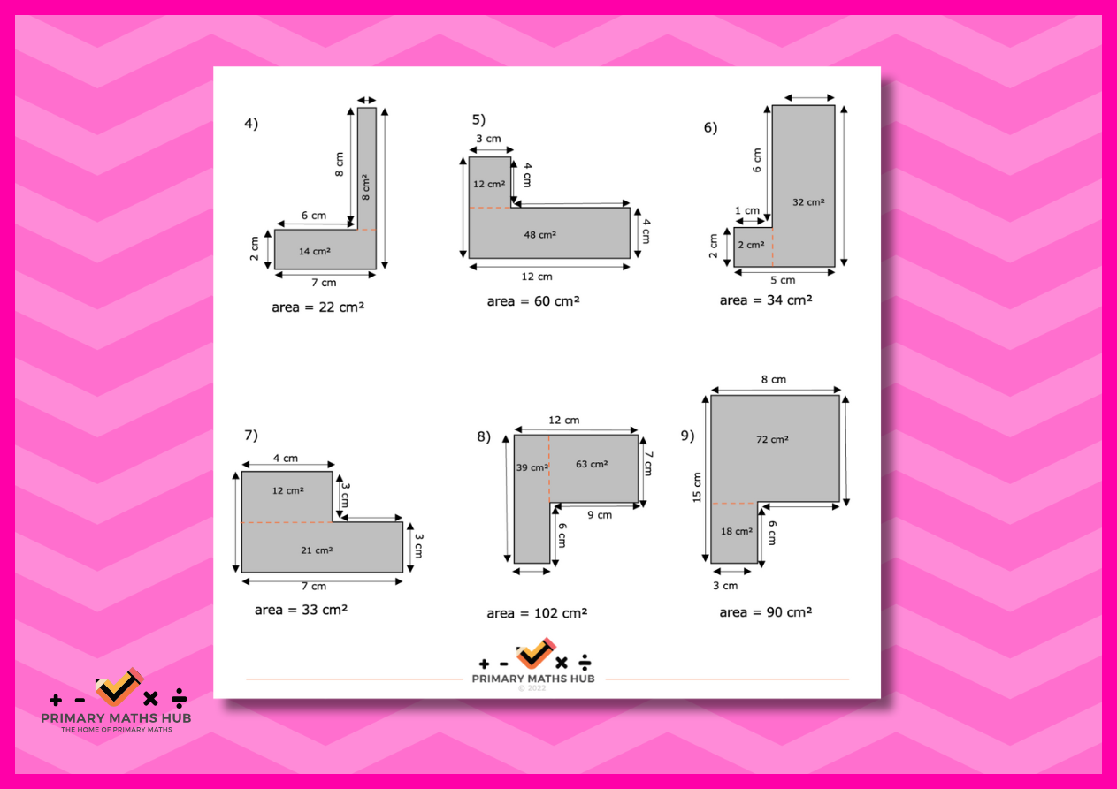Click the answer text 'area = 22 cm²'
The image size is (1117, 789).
click(318, 307)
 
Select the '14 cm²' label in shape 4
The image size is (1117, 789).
click(315, 251)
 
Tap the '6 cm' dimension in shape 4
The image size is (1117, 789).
click(314, 216)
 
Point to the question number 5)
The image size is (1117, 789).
click(478, 119)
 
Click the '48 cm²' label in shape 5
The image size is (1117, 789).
click(540, 235)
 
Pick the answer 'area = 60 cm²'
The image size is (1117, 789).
click(533, 301)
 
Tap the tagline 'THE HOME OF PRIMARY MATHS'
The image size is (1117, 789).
click(117, 729)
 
